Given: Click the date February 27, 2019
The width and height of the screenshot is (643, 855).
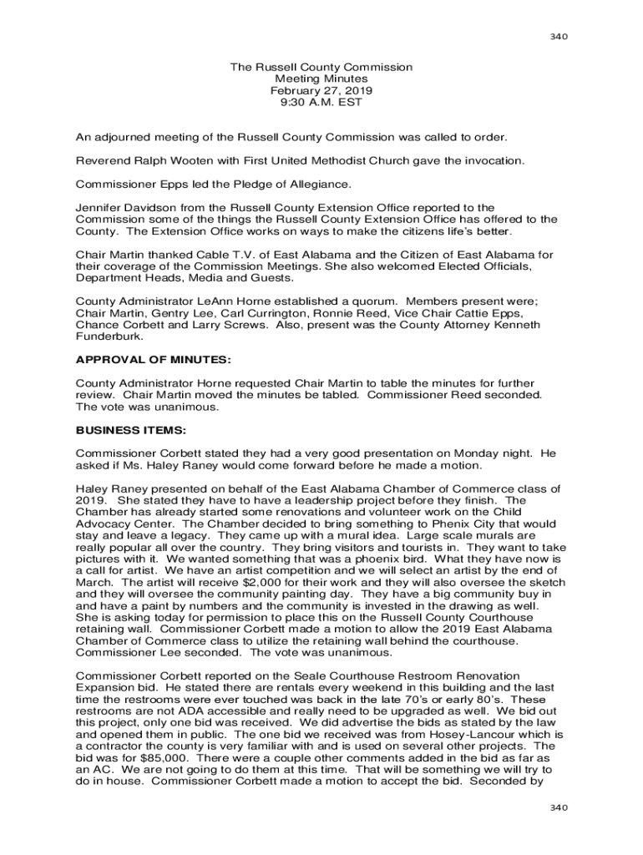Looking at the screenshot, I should [321, 90].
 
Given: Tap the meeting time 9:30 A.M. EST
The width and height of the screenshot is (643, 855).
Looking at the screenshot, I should [321, 102].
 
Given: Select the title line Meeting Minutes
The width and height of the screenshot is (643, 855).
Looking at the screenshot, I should [321, 78].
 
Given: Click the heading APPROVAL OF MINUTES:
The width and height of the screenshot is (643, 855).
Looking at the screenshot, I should [153, 359].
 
